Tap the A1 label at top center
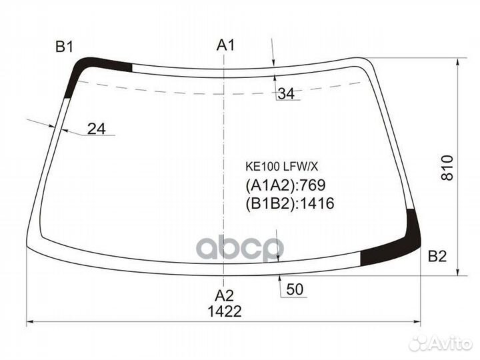(x=226, y=45)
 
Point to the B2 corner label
(x=437, y=256)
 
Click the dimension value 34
(x=285, y=94)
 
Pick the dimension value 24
(x=97, y=129)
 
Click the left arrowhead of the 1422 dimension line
(x=29, y=323)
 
